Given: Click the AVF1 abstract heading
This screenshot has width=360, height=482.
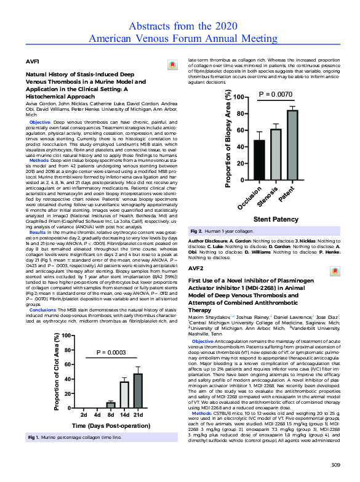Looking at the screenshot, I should [32, 63].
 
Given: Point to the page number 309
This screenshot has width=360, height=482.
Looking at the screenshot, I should [335, 464].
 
